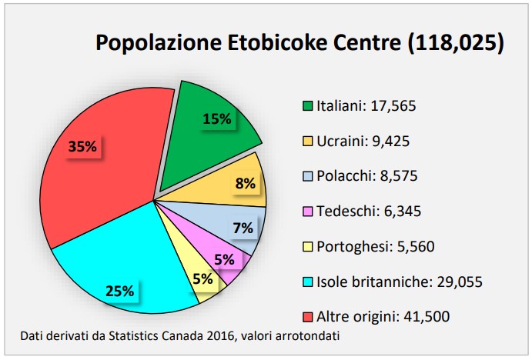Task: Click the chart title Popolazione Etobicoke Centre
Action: (x=299, y=42)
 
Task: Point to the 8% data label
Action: (x=245, y=183)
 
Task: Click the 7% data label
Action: (x=243, y=228)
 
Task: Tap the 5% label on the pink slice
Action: (x=224, y=259)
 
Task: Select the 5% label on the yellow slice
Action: (x=202, y=279)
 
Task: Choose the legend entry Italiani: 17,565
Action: (x=366, y=106)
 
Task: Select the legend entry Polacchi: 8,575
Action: (x=366, y=176)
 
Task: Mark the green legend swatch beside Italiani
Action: (x=308, y=106)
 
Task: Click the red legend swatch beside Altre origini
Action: (x=308, y=316)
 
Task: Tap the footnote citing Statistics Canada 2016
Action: (x=180, y=335)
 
